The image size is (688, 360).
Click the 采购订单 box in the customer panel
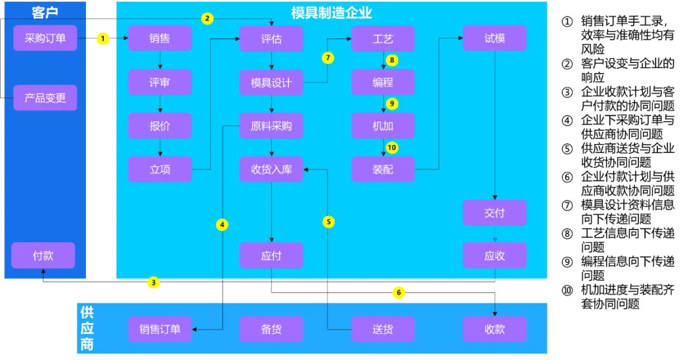(45, 38)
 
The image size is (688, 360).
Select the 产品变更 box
(45, 98)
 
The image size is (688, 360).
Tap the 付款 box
(43, 256)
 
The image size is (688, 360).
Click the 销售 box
(160, 38)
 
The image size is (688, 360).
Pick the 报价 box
(160, 126)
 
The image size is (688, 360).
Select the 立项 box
(160, 169)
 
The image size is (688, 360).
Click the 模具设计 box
(271, 82)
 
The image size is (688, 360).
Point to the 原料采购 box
(271, 126)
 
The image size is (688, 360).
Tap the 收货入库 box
(271, 169)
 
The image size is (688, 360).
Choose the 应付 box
(271, 256)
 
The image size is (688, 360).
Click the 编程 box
(383, 82)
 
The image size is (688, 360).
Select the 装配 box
(383, 169)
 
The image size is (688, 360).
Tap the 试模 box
(494, 38)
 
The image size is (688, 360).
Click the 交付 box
(494, 213)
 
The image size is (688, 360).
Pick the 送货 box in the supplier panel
(383, 329)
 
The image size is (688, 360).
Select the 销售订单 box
(160, 329)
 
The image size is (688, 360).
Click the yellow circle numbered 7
(328, 58)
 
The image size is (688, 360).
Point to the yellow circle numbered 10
(392, 147)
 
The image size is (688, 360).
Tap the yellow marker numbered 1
(103, 39)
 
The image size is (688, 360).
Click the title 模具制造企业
(331, 12)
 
